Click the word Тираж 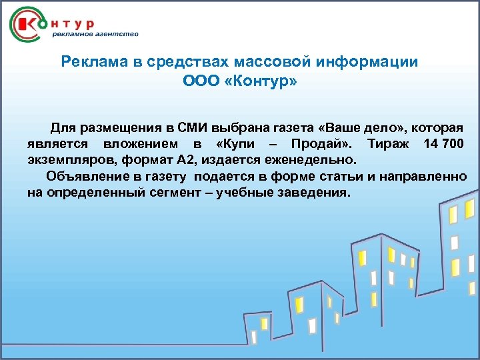(x=387, y=144)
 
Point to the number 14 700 (x=443, y=144)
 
